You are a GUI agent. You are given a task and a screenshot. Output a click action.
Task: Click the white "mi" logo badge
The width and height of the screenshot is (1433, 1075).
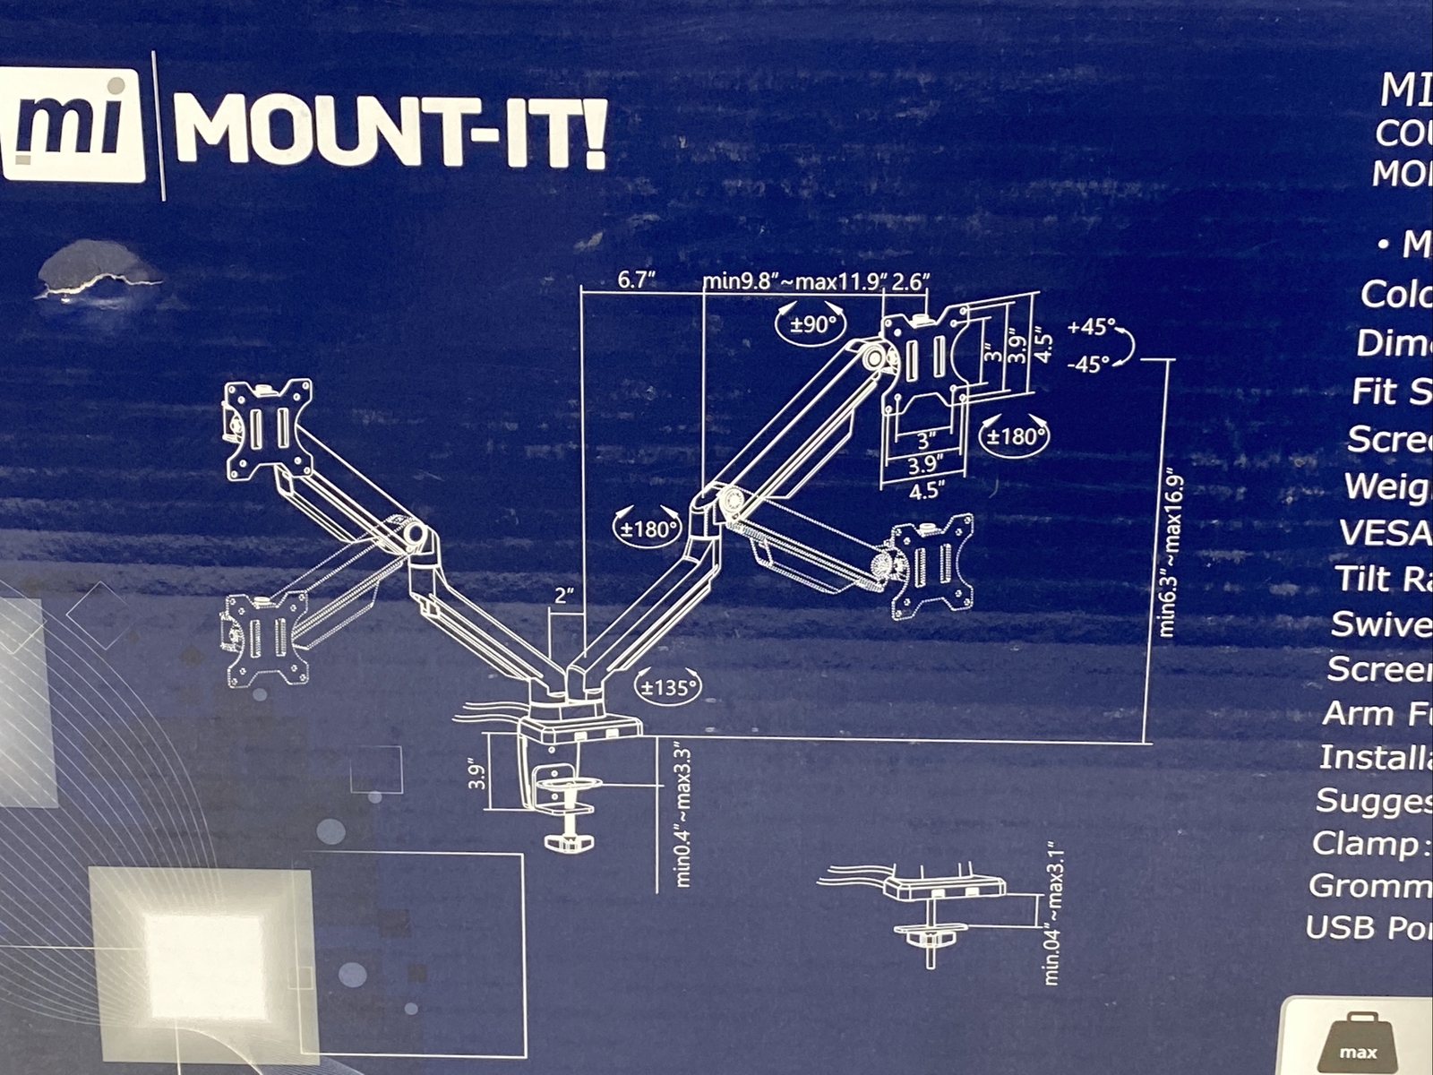pos(73,126)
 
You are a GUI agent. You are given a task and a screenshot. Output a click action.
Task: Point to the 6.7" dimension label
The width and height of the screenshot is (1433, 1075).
pos(638,280)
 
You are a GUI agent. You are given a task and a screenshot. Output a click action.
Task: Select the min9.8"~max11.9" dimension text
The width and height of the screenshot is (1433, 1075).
pos(794,282)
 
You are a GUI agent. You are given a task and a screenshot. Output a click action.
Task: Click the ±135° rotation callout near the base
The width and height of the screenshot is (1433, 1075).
pos(667,688)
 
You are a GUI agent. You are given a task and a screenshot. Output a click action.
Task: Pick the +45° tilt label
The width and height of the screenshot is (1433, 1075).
pos(1092,328)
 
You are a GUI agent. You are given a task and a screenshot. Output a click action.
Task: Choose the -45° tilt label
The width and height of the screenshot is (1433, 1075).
pos(1089,364)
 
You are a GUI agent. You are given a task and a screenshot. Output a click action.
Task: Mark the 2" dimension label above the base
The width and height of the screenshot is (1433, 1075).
pos(562,596)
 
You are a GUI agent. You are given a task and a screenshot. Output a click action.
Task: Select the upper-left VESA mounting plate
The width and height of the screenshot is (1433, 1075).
pos(269,428)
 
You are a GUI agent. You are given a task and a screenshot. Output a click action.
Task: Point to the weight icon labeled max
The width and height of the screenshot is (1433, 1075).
pos(1357,1039)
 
